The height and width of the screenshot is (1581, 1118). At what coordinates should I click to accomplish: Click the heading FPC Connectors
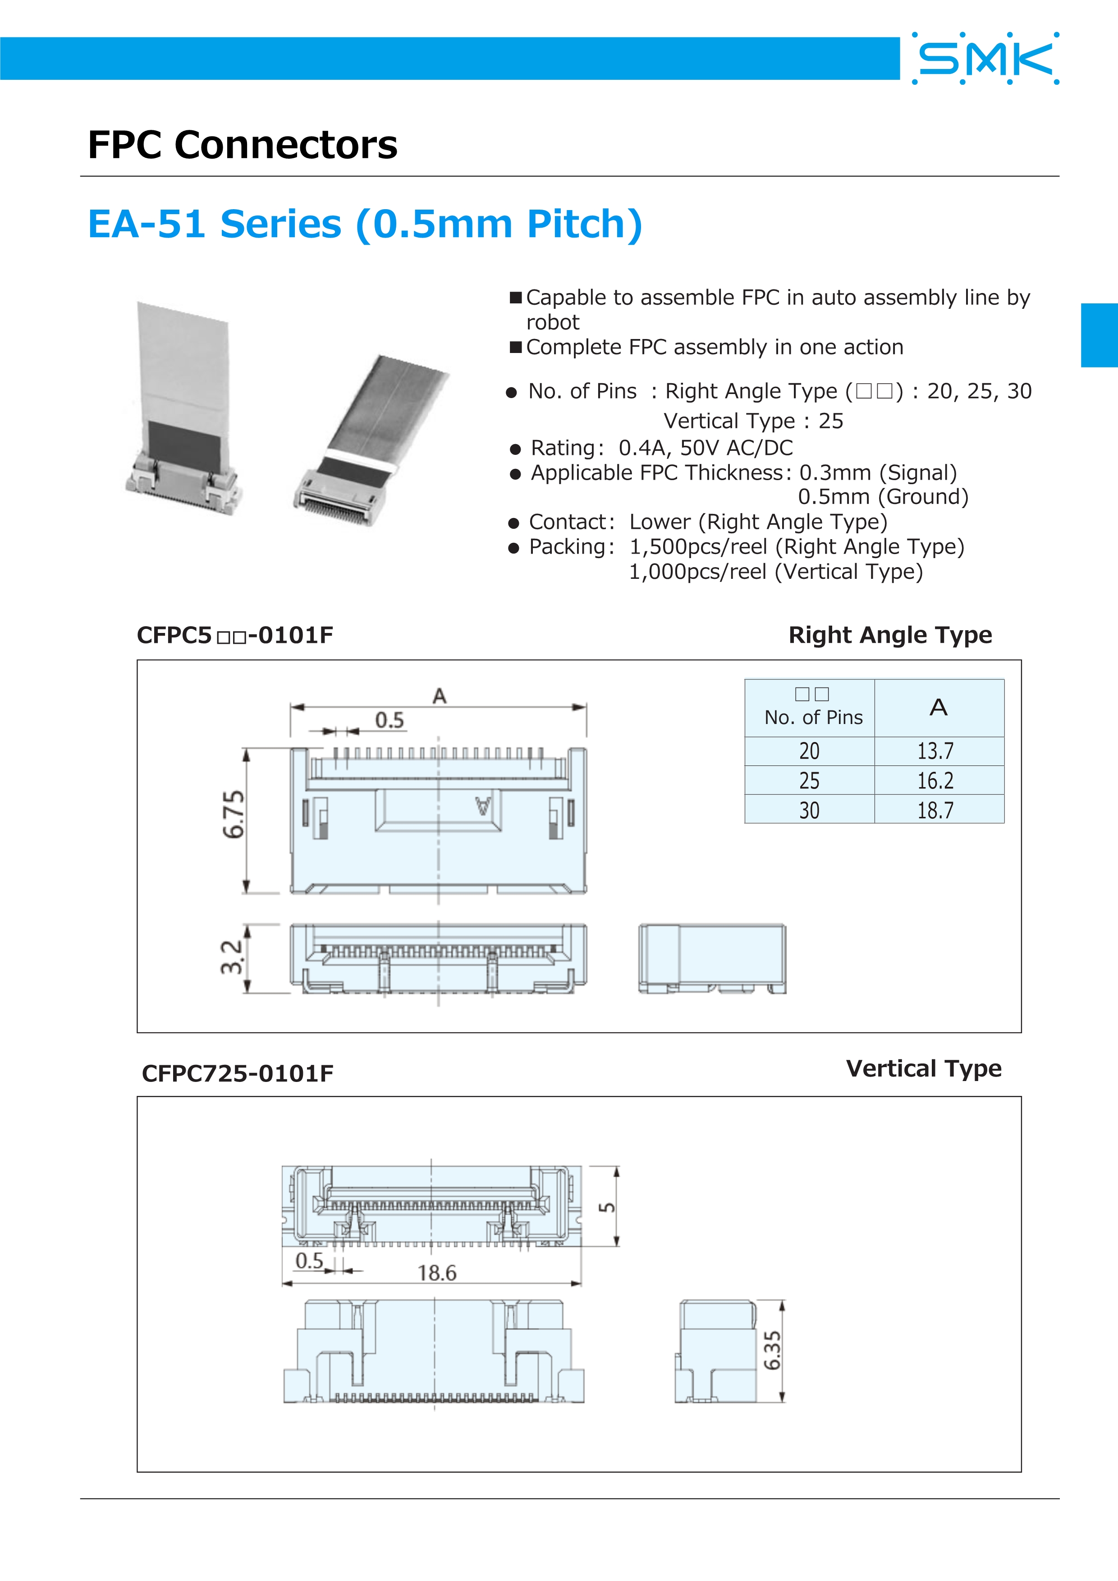point(243,145)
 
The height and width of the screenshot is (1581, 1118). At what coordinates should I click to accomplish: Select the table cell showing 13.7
point(935,751)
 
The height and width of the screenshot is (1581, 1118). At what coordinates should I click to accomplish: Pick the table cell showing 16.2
point(935,780)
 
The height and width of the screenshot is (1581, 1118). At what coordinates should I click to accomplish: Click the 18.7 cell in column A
point(935,810)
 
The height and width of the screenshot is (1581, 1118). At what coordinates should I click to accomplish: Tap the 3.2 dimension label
point(232,957)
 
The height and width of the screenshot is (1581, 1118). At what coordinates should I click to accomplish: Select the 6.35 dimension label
point(772,1350)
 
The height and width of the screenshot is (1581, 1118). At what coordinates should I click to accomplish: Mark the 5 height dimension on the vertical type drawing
point(606,1208)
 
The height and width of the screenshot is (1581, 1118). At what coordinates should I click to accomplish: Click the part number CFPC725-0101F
point(238,1073)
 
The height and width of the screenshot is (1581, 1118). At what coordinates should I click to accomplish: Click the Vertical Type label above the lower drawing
point(923,1069)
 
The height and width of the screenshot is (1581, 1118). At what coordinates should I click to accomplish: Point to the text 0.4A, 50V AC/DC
point(706,448)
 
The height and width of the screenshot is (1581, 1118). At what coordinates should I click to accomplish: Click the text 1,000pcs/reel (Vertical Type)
point(776,572)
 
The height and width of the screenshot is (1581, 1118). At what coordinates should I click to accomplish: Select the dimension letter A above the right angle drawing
point(439,696)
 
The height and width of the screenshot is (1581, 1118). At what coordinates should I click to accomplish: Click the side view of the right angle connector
point(712,958)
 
